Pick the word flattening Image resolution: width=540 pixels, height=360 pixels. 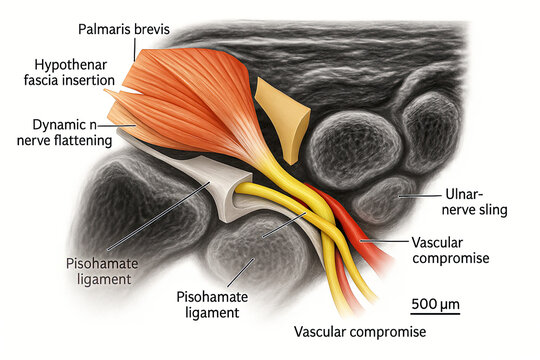pyautogui.click(x=98, y=143)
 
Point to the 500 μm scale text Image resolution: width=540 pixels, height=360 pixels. pyautogui.click(x=436, y=301)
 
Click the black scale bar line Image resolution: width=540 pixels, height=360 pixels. pyautogui.click(x=436, y=314)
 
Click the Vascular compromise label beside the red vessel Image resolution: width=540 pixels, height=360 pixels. pyautogui.click(x=451, y=250)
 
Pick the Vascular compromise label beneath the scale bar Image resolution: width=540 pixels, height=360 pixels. pyautogui.click(x=360, y=331)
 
